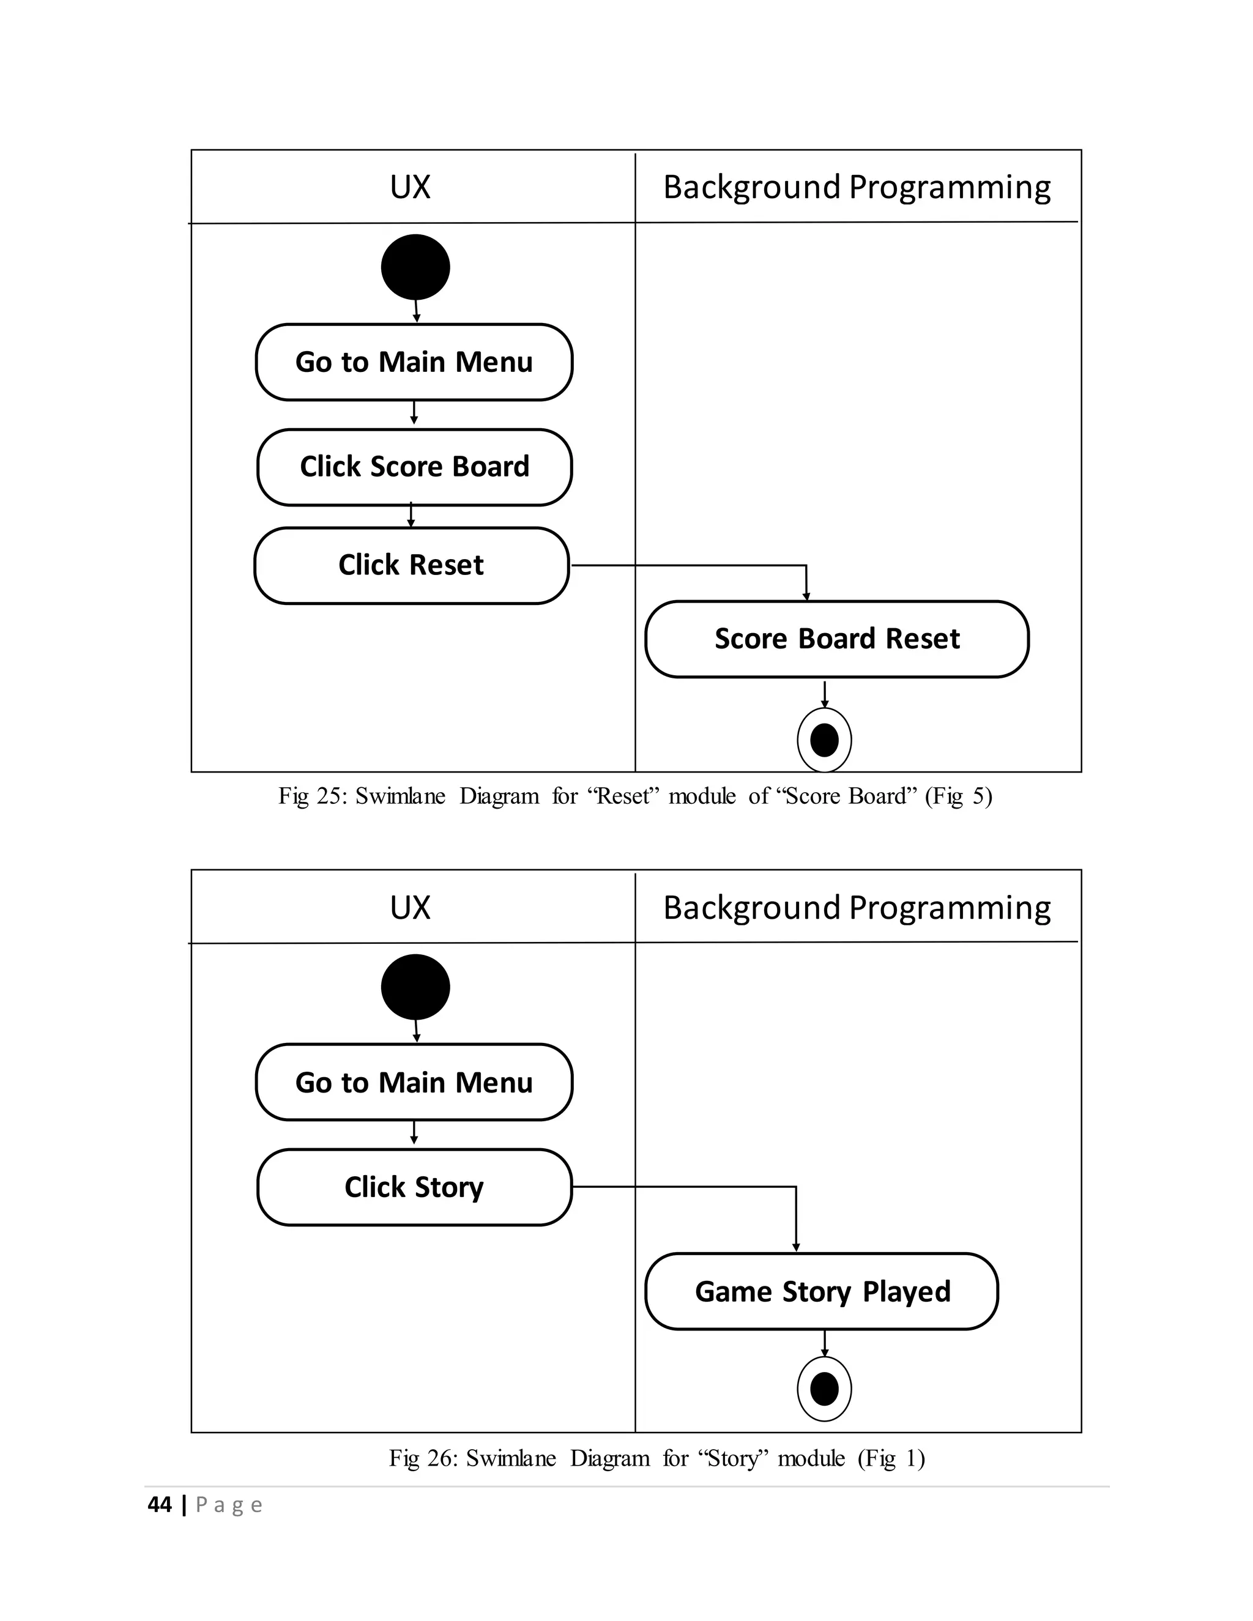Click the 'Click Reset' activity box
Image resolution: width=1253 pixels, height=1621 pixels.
411,566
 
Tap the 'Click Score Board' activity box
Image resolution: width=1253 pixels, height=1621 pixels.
414,467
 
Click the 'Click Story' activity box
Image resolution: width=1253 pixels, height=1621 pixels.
414,1187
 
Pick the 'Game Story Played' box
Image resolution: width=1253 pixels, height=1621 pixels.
822,1292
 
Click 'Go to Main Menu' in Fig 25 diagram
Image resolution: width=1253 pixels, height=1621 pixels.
414,362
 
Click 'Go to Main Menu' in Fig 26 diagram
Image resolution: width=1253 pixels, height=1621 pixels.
414,1083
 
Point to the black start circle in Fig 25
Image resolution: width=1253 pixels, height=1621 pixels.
415,267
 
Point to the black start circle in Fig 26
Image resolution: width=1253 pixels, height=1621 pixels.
415,987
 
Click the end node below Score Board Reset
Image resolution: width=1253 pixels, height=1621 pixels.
824,740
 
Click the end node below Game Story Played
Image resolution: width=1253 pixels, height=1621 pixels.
824,1389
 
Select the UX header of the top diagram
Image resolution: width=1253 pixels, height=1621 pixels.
411,187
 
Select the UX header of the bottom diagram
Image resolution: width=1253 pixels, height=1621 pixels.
411,908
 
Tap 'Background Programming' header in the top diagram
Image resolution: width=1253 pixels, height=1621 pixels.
857,187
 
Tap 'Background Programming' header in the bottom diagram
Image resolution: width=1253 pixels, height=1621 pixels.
857,908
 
